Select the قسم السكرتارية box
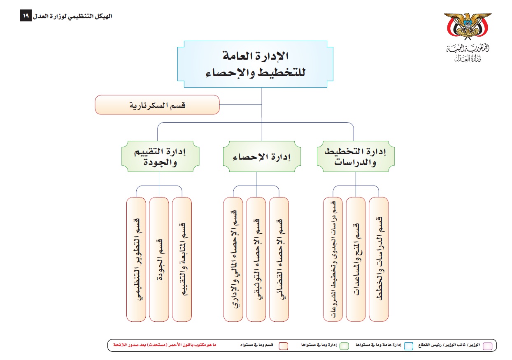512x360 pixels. tap(157, 105)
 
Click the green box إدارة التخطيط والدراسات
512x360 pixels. tap(356, 157)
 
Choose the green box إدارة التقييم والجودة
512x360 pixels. tap(161, 157)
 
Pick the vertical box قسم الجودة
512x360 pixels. tap(159, 259)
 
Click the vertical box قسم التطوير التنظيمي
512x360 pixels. tap(136, 259)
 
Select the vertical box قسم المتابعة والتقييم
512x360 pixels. tap(182, 259)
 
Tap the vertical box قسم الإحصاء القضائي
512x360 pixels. tap(279, 259)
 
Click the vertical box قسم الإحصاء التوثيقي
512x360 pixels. tap(256, 259)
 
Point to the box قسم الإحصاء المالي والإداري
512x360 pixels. tap(233, 259)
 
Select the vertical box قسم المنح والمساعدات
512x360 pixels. tap(356, 259)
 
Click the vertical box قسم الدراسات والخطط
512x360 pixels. tap(379, 259)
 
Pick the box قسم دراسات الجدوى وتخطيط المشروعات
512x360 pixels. tap(333, 259)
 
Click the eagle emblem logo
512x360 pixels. tap(467, 28)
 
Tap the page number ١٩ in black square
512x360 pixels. tap(26, 16)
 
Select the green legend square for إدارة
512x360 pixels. tap(345, 346)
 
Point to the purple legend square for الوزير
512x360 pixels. tap(487, 346)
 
